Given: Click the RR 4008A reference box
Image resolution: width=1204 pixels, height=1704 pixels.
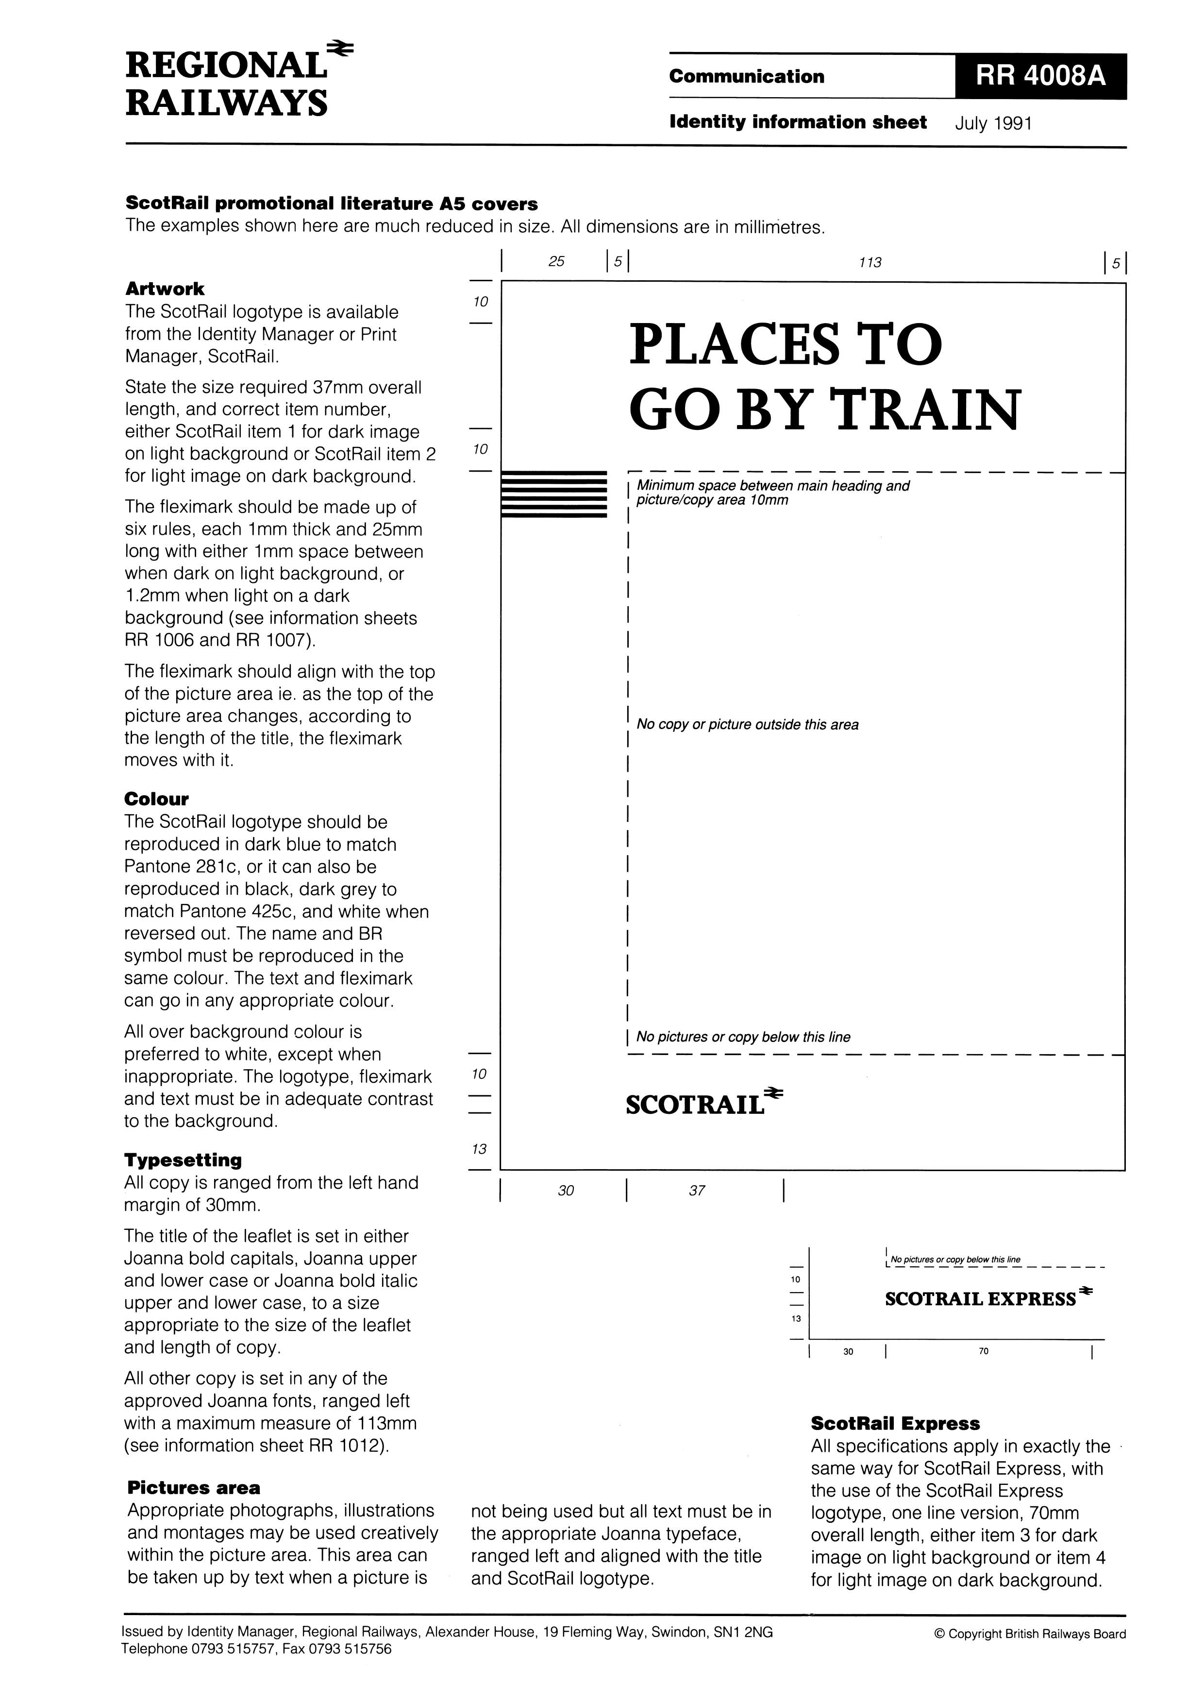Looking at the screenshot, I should click(1040, 76).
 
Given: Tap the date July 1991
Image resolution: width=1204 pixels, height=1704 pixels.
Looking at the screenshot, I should click(993, 123).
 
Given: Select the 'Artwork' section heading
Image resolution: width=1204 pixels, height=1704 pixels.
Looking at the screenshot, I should click(165, 289).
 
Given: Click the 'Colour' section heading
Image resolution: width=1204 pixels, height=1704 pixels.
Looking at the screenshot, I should click(156, 800).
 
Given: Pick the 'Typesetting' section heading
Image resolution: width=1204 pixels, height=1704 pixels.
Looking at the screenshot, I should click(183, 1160).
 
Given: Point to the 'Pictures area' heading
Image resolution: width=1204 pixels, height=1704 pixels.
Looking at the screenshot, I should click(194, 1487).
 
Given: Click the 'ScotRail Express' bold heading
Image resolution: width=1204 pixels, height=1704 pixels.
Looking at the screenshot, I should click(895, 1423).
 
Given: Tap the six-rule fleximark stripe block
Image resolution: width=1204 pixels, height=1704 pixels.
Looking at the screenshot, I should click(554, 494).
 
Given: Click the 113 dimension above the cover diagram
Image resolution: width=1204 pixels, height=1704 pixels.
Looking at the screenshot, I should click(870, 262).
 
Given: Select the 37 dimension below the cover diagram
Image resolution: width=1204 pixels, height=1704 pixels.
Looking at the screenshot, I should click(697, 1191).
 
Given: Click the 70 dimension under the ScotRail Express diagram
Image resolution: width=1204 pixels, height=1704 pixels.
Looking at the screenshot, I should click(983, 1351).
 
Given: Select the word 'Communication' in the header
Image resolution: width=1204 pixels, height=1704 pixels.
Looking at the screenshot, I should click(746, 76).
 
